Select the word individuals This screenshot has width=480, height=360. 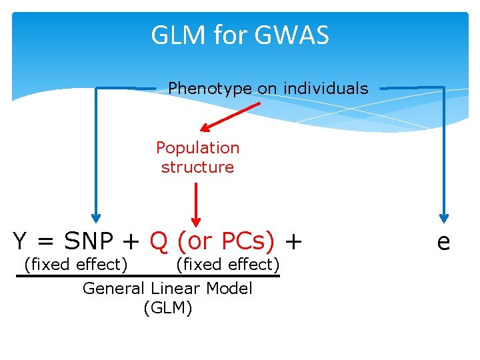click(x=326, y=88)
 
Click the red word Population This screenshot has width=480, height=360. click(x=197, y=147)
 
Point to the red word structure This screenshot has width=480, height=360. click(x=197, y=167)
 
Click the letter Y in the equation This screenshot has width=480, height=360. click(x=20, y=240)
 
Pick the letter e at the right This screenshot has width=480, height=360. click(x=443, y=241)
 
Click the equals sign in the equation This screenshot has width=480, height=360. click(x=45, y=241)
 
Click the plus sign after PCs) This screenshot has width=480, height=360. click(x=293, y=240)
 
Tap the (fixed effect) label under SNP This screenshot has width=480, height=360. click(x=75, y=265)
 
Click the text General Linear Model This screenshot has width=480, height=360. click(x=167, y=289)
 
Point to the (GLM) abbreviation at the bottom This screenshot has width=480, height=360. click(x=167, y=308)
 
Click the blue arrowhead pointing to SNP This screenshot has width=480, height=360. click(x=96, y=217)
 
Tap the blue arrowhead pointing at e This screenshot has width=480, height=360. click(x=444, y=217)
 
